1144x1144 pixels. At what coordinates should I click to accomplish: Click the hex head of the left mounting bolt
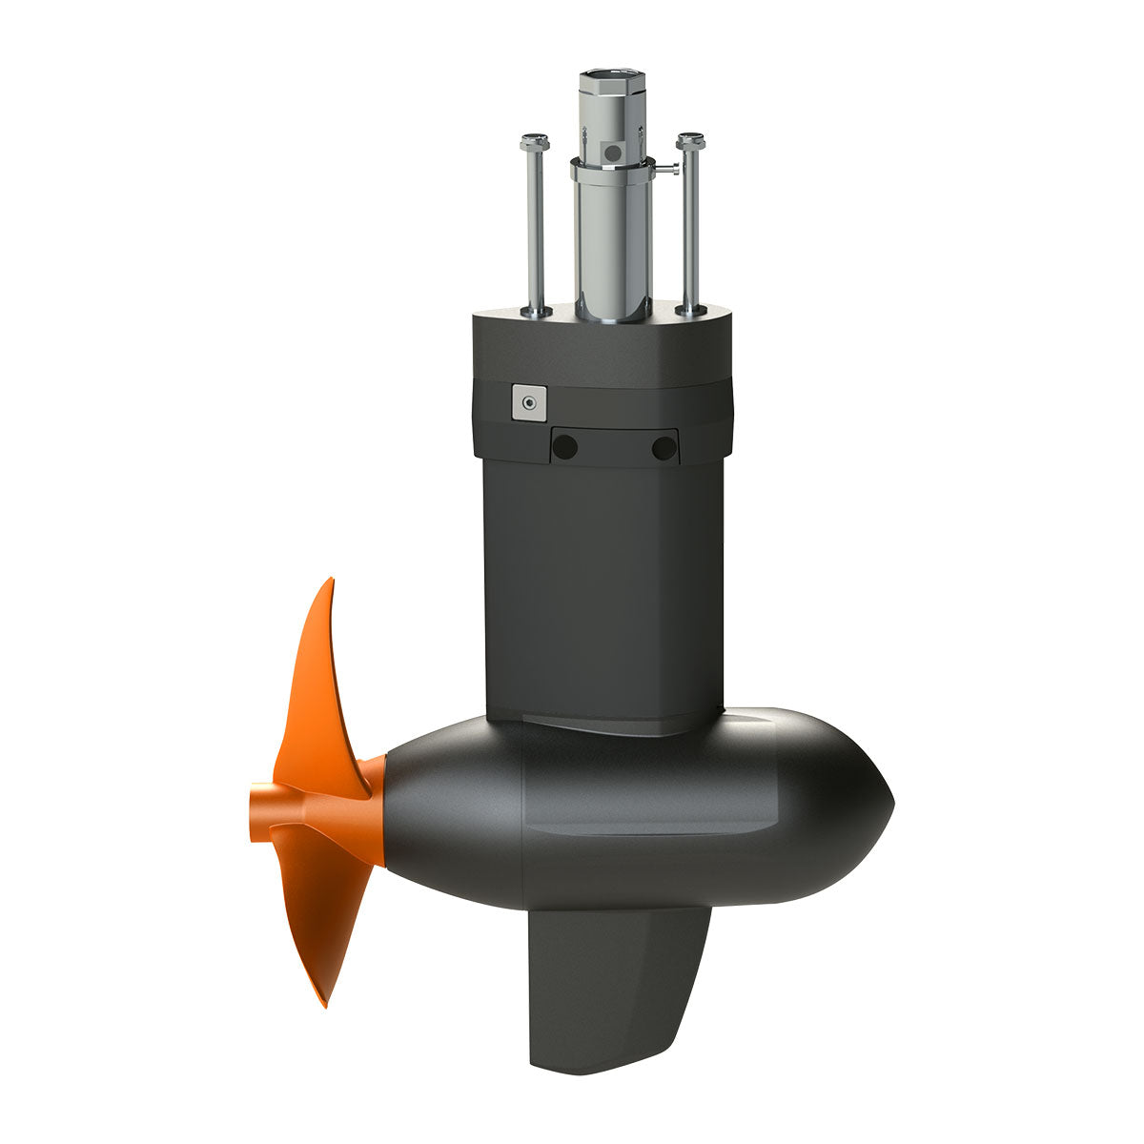point(534,143)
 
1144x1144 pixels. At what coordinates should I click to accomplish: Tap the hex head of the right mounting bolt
point(690,141)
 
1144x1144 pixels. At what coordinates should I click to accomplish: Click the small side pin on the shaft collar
point(672,171)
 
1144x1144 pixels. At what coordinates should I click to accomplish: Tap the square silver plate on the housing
point(525,402)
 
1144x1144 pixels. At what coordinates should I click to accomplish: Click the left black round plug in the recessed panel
point(565,446)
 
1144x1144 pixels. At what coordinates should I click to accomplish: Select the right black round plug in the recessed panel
point(664,446)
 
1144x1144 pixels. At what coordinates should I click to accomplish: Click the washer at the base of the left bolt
point(536,311)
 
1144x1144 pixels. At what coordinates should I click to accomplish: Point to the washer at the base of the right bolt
point(690,309)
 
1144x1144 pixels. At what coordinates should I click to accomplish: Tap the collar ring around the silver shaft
point(610,172)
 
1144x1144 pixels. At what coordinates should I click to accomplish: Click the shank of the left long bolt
point(536,229)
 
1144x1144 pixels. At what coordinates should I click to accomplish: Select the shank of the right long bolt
point(690,229)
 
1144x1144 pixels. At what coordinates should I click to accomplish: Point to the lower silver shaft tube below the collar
point(611,248)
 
